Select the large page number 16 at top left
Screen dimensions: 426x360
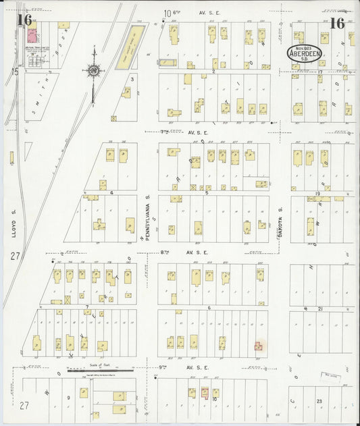tap(25, 20)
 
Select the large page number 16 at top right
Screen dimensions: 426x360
tap(338, 23)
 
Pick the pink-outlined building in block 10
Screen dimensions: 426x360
tap(203, 392)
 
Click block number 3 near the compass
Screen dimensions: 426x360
tap(132, 79)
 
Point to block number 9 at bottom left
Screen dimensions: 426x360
tap(68, 398)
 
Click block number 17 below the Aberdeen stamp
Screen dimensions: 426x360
tap(320, 72)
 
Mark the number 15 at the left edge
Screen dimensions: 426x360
tap(14, 71)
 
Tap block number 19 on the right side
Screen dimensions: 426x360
tap(317, 194)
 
